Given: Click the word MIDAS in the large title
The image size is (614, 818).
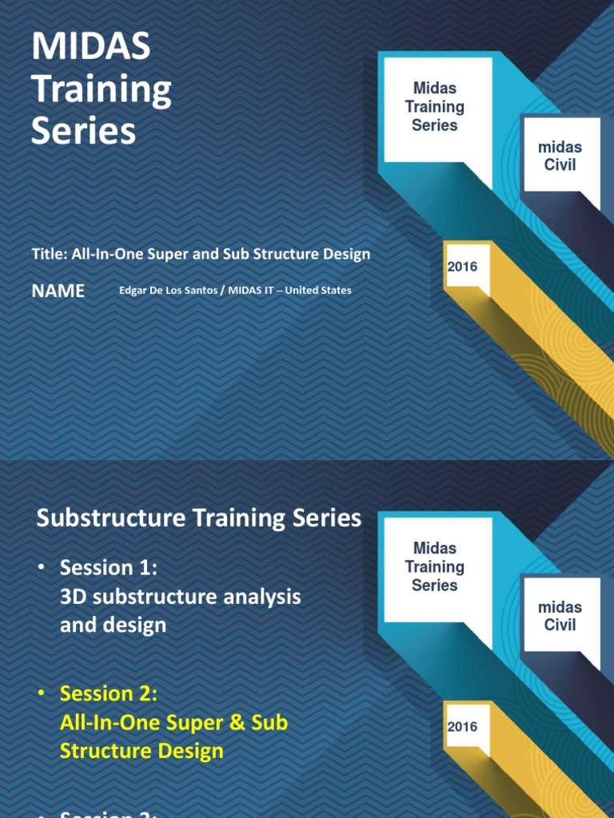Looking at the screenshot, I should pos(90,49).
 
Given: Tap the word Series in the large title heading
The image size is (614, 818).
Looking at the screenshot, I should pos(83,131).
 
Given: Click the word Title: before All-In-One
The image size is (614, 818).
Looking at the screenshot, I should pos(50,254).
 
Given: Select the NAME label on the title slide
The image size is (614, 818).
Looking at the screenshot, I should pos(58,291).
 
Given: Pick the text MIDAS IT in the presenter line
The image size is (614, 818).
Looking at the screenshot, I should pos(250,291).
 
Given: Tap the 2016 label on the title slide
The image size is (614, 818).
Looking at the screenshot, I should pos(462,267).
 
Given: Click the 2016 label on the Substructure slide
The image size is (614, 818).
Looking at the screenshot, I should pos(462,727).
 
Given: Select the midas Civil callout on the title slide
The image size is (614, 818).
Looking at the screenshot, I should pos(560,157).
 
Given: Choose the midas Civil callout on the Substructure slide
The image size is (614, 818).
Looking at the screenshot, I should pos(560,616).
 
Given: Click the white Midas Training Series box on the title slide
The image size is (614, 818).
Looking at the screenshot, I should pos(435,107).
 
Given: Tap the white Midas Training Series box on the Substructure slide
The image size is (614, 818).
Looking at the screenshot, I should pos(435,566).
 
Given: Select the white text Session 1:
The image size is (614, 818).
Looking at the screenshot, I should pos(109,568).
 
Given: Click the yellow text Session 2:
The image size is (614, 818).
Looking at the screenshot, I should pos(109,694).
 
